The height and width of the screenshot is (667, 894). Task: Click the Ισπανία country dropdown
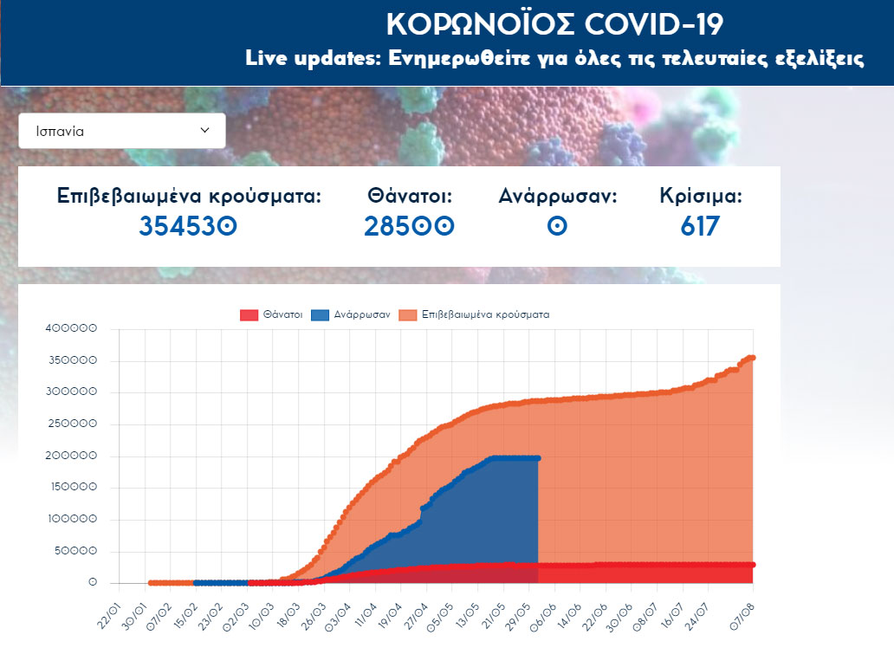coord(121,131)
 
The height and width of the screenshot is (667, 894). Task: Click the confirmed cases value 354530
coord(188,227)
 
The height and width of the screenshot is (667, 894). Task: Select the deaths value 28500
coord(409,227)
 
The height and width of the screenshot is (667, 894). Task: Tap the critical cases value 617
coord(700,227)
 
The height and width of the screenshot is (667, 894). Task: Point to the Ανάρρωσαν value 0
coord(558,227)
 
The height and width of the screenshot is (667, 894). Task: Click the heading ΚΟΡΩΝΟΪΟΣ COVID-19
coord(554,23)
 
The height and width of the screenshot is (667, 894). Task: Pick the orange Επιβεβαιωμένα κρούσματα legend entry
coord(475,315)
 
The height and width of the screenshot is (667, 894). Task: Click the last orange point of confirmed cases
coord(753,358)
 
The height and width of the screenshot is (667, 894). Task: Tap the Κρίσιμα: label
coord(700,197)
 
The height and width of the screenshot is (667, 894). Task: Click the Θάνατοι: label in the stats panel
coord(410,197)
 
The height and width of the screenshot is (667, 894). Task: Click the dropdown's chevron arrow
coord(205,131)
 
